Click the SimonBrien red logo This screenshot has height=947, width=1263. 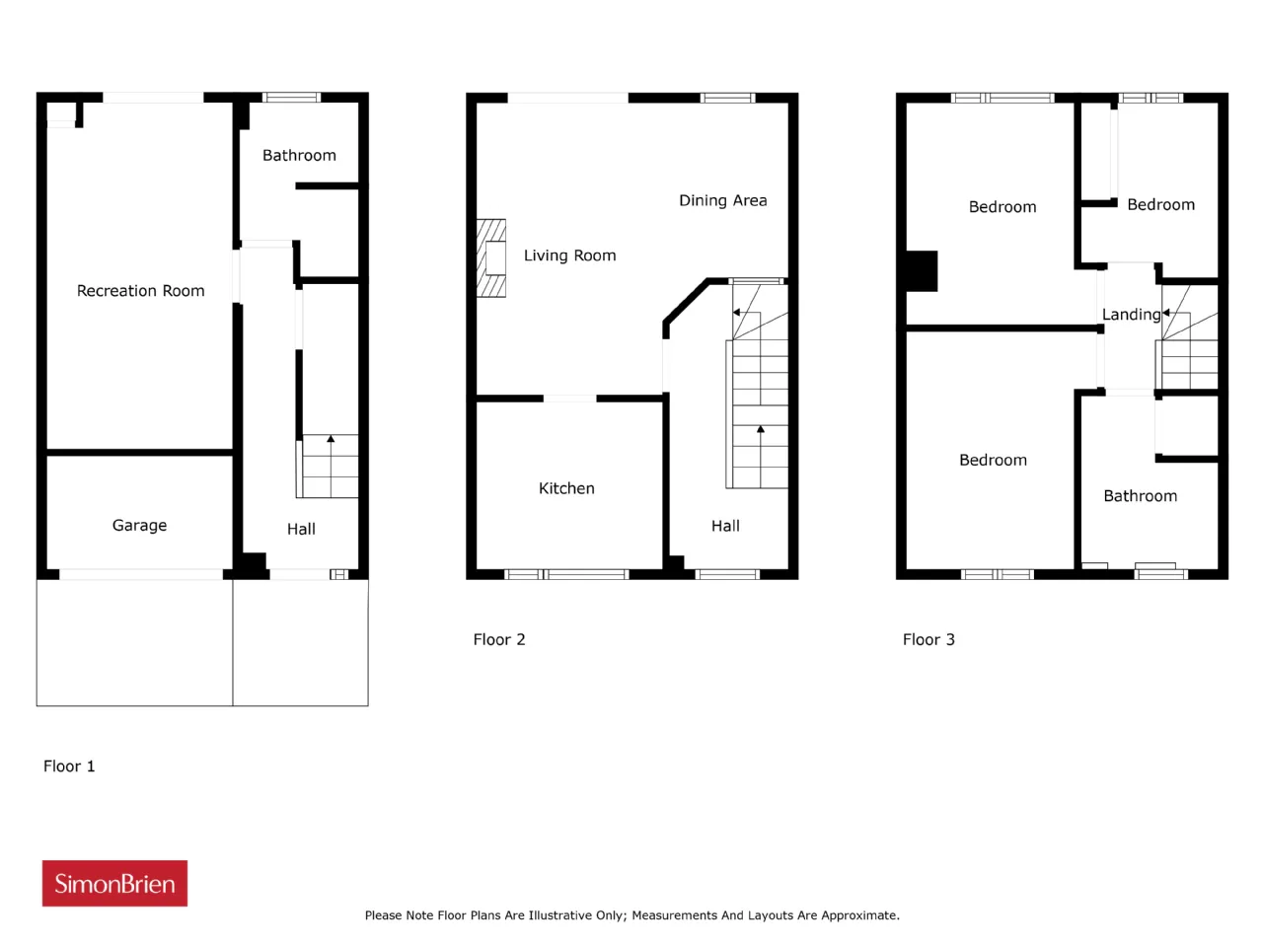[x=114, y=883]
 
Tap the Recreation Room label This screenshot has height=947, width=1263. [x=140, y=290]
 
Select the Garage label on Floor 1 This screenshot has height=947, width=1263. [x=139, y=525]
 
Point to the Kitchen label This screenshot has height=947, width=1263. [x=566, y=488]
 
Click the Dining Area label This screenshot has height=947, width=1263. [x=722, y=200]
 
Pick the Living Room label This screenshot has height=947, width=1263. [x=569, y=255]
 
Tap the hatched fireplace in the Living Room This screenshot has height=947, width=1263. [x=490, y=258]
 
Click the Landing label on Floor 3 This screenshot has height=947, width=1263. [x=1131, y=315]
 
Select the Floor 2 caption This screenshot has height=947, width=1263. [x=499, y=639]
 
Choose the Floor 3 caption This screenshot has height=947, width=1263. [x=929, y=639]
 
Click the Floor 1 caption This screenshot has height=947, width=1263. [x=69, y=765]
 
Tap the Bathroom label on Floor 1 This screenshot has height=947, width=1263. [x=299, y=155]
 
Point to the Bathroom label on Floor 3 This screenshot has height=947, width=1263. [x=1140, y=495]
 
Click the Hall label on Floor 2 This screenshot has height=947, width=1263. [x=725, y=526]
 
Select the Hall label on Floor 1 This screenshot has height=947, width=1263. [x=301, y=529]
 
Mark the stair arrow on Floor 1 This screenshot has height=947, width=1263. [x=331, y=466]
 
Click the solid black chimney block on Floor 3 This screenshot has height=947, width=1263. [x=922, y=271]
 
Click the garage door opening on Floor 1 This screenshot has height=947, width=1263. [x=141, y=574]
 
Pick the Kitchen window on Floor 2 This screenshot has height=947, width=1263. [x=566, y=574]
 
